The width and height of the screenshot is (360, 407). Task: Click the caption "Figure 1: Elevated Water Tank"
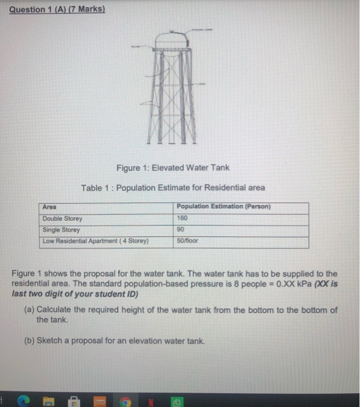(x=173, y=168)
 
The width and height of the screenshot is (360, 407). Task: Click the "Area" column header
(x=50, y=207)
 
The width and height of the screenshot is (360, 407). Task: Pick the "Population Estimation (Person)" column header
(x=223, y=207)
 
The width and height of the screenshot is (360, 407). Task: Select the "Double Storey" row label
(x=63, y=219)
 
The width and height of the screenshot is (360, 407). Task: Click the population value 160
(x=184, y=219)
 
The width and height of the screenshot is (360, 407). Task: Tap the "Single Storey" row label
(x=61, y=230)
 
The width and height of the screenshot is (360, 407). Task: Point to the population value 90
(x=181, y=230)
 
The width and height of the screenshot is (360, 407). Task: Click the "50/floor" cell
(x=188, y=241)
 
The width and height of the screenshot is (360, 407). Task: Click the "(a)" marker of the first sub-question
(x=29, y=310)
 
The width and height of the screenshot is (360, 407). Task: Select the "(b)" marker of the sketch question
(x=29, y=340)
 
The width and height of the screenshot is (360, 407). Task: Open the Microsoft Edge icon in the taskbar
(x=24, y=400)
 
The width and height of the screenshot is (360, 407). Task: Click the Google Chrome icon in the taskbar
(x=124, y=400)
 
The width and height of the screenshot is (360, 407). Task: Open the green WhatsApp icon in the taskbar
(x=176, y=400)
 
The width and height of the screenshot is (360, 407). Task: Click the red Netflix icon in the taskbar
(x=150, y=400)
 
